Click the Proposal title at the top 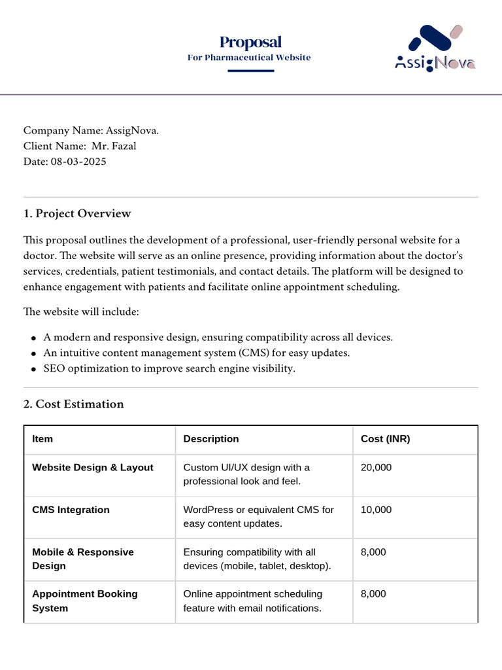[x=250, y=43]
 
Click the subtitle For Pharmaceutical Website [x=249, y=58]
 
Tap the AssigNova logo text [x=435, y=63]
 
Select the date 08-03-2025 [x=78, y=162]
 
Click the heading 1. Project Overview [x=77, y=214]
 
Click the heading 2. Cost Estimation [x=73, y=404]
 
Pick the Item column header [x=42, y=439]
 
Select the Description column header [x=211, y=439]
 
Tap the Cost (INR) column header [x=385, y=439]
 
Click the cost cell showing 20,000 [x=376, y=468]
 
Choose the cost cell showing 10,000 [x=376, y=510]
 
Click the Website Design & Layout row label [x=93, y=468]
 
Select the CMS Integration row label [x=71, y=510]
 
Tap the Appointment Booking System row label [x=85, y=601]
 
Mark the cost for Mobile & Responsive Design [x=373, y=552]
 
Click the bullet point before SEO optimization [x=33, y=369]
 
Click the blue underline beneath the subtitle [x=250, y=71]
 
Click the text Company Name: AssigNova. [x=91, y=130]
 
